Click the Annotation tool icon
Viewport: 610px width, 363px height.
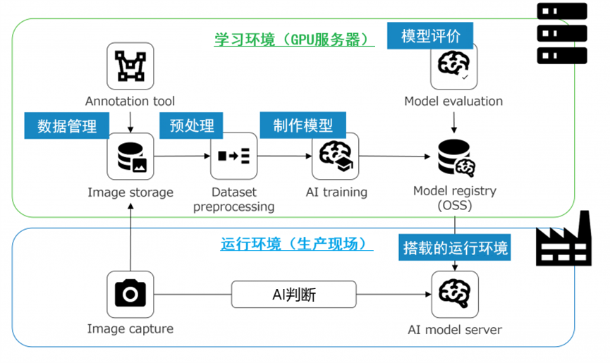click(130, 66)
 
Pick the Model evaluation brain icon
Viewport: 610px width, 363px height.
click(453, 66)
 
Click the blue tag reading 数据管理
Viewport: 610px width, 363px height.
click(68, 126)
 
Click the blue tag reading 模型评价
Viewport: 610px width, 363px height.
click(429, 35)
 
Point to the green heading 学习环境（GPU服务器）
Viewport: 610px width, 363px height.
click(295, 39)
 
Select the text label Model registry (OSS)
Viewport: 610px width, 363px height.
click(454, 198)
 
